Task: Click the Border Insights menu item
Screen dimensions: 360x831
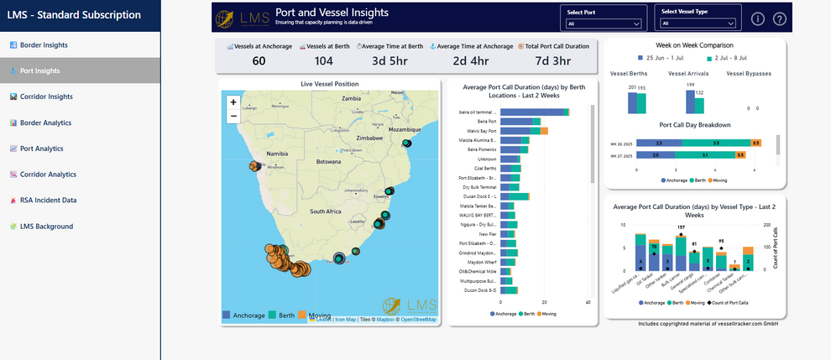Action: pyautogui.click(x=44, y=45)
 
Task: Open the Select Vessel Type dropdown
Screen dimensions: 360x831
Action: pyautogui.click(x=698, y=23)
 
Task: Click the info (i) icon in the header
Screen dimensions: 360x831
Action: pyautogui.click(x=758, y=19)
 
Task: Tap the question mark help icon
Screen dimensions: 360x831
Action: pyautogui.click(x=780, y=19)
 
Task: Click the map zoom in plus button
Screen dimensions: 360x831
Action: pyautogui.click(x=233, y=102)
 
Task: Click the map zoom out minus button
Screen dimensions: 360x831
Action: pyautogui.click(x=233, y=116)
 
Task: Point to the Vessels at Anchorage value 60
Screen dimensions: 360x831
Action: pyautogui.click(x=259, y=61)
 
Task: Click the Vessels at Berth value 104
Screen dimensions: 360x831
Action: pyautogui.click(x=322, y=61)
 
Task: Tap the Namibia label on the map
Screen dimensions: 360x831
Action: pyautogui.click(x=277, y=155)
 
